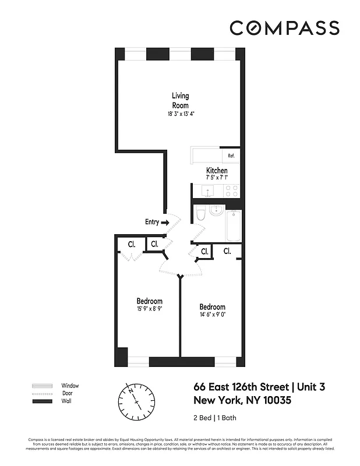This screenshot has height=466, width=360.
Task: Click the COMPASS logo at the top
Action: [x=284, y=27]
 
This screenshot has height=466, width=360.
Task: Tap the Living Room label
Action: [x=180, y=100]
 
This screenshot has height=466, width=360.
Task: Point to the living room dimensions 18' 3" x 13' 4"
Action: [x=180, y=114]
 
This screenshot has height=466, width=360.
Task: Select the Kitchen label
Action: [x=217, y=170]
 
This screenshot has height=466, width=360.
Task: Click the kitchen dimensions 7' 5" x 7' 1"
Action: [x=217, y=177]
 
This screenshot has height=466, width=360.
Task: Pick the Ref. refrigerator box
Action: [x=231, y=156]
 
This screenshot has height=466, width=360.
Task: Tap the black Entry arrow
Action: [x=165, y=222]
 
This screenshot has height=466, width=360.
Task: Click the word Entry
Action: [x=151, y=222]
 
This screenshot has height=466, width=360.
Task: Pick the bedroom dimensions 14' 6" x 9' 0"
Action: [x=212, y=315]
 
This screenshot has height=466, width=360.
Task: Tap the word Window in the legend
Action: [x=70, y=386]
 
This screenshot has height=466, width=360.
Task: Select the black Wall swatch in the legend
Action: [x=41, y=401]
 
